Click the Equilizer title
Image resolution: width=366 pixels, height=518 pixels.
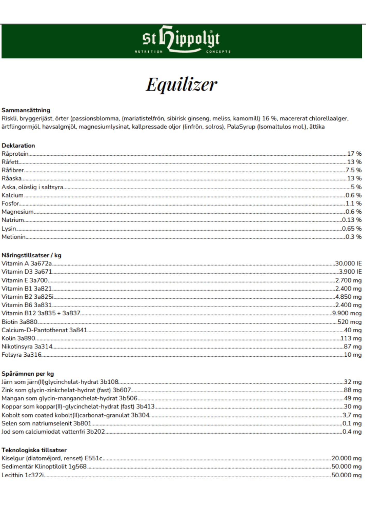[x=182, y=85]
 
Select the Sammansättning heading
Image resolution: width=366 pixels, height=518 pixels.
[x=26, y=110]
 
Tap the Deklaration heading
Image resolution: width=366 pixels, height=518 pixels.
[x=18, y=146]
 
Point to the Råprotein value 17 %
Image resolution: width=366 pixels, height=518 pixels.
[x=354, y=154]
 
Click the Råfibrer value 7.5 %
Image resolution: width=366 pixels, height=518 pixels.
[x=353, y=170]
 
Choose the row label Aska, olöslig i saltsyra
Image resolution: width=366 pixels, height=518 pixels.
[x=32, y=187]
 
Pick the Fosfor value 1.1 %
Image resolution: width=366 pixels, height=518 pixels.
[x=353, y=204]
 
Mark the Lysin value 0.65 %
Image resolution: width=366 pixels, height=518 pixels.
[x=352, y=228]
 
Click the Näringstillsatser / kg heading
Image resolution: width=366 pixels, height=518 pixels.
[x=31, y=255]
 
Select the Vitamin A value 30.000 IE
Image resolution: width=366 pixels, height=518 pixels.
[x=348, y=263]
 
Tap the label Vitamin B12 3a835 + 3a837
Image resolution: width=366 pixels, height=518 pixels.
[x=41, y=313]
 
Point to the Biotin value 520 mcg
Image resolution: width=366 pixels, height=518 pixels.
[x=349, y=322]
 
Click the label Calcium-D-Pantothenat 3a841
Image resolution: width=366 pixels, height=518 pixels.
[x=44, y=330]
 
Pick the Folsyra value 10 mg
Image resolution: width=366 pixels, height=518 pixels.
[x=353, y=355]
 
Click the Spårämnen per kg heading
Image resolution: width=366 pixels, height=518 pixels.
[x=28, y=374]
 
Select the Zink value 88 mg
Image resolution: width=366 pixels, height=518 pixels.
[x=353, y=390]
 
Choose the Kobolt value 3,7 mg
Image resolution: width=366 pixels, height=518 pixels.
[x=352, y=415]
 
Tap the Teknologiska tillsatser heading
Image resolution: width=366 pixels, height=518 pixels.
[x=34, y=450]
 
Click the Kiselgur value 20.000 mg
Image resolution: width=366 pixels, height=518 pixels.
[x=346, y=458]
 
